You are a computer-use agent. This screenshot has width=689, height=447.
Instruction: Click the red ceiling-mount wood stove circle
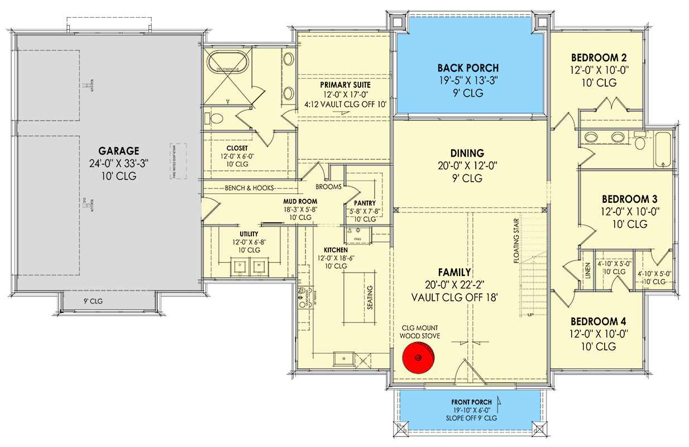click(419, 358)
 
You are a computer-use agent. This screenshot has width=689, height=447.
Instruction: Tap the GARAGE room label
click(118, 151)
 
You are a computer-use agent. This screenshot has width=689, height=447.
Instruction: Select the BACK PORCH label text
click(468, 68)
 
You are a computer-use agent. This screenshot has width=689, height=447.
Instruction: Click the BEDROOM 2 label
click(598, 58)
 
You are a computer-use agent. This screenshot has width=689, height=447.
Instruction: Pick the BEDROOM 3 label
click(629, 199)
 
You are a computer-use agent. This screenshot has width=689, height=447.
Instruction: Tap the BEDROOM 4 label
click(598, 322)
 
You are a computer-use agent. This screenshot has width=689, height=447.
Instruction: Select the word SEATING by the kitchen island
click(370, 298)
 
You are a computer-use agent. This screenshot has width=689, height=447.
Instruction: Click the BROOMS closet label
click(328, 187)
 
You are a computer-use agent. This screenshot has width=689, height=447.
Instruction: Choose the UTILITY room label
click(249, 234)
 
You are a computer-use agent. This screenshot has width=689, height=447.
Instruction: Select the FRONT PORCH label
click(472, 402)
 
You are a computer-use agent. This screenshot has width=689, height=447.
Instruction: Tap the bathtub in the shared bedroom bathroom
click(664, 149)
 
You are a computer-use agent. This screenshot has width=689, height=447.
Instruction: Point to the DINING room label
click(467, 153)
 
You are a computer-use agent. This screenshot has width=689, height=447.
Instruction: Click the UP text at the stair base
click(530, 315)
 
